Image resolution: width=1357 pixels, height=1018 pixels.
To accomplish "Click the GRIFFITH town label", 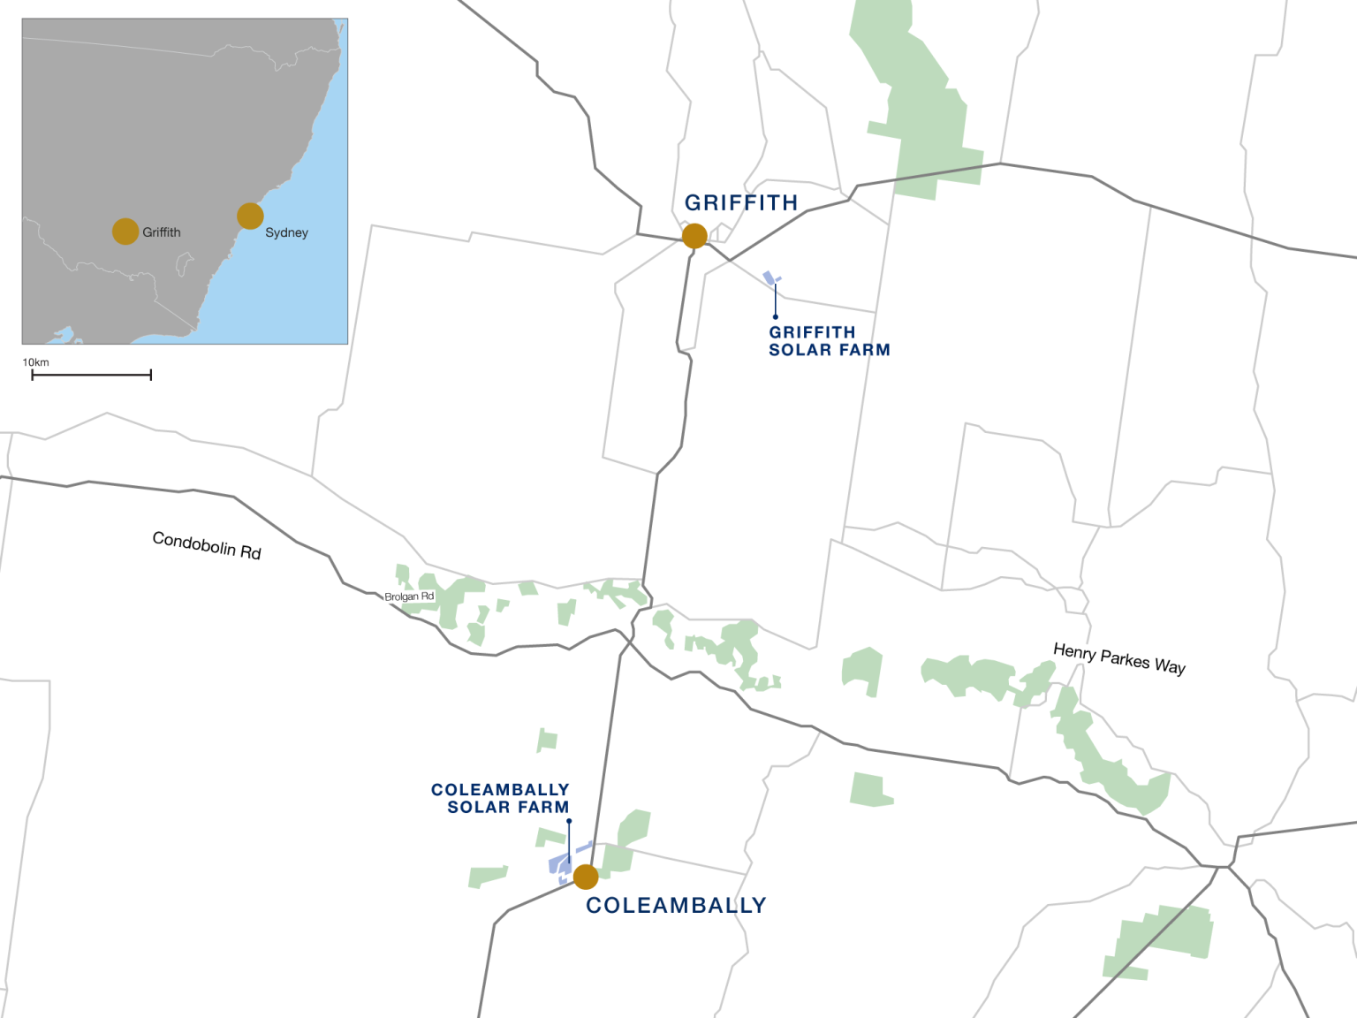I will (741, 203).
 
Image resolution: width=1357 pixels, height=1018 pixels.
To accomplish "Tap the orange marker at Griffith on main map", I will (694, 236).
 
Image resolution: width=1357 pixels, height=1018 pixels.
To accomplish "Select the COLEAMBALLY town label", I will (676, 906).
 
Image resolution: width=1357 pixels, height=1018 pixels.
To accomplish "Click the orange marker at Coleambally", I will (586, 877).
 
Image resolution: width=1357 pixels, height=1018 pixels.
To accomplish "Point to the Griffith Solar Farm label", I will (829, 341).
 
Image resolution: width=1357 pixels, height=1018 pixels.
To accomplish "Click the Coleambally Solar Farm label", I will (500, 798).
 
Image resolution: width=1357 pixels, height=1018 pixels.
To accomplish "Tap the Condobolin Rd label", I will (207, 545).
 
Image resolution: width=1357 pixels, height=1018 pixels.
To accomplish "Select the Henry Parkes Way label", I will (1119, 658).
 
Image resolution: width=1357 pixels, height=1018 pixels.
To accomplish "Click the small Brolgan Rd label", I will (409, 596).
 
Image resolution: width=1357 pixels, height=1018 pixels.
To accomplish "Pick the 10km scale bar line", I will (91, 376).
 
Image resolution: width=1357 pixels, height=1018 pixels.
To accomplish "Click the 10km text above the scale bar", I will (35, 362).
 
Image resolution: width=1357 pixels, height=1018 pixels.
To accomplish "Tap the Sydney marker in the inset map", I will (250, 216).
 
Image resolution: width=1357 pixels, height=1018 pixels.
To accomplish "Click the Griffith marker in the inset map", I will (125, 232).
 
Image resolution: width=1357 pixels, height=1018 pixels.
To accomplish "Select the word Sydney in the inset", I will (286, 232).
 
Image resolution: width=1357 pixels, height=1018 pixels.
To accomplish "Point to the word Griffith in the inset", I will (162, 232).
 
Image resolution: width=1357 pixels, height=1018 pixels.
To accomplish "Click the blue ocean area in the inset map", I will (300, 283).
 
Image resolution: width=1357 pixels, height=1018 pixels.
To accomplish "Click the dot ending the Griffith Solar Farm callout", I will (776, 316).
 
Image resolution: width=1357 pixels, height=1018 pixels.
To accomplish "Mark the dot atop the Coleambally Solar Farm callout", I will (569, 821).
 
